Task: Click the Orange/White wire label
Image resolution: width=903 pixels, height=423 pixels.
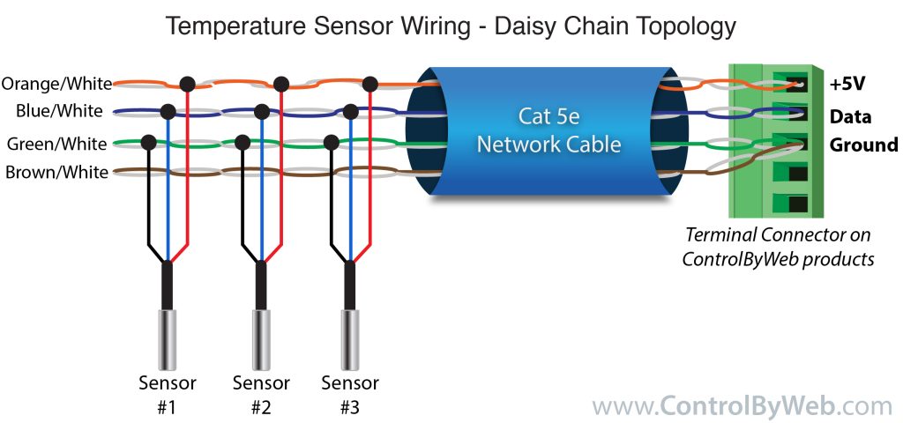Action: [56, 84]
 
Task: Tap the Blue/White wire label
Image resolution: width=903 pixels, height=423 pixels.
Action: [59, 111]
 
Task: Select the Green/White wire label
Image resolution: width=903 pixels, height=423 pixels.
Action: [56, 144]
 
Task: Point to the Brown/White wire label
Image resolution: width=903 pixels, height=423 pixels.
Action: [56, 172]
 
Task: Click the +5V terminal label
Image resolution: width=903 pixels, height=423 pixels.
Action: [847, 85]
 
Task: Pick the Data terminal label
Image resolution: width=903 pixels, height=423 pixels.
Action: [850, 116]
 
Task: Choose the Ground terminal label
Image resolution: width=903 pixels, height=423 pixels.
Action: [863, 145]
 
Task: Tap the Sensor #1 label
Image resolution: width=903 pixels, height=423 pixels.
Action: [168, 394]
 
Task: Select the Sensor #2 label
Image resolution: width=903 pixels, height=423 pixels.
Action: [261, 394]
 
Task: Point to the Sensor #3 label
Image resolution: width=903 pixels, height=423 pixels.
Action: [350, 394]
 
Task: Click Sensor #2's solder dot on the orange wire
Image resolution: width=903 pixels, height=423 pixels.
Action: [281, 85]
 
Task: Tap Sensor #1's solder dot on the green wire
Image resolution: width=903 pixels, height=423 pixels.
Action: [149, 141]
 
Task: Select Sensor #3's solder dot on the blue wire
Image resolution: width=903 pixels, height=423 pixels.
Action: [351, 112]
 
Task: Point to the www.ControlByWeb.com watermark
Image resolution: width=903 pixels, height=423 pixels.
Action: [742, 405]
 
